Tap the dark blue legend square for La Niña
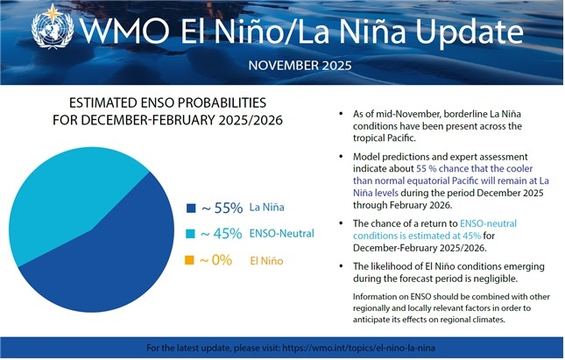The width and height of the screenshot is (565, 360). [x=191, y=208]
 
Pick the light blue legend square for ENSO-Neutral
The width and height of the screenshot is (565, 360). [x=191, y=234]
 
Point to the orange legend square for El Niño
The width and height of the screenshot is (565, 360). [x=191, y=260]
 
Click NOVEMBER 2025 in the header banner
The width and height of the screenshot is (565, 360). [x=300, y=66]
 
